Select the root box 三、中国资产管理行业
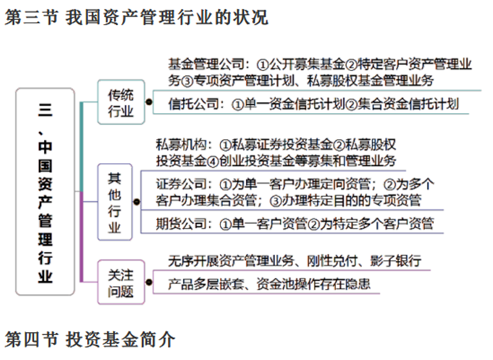pyautogui.click(x=45, y=192)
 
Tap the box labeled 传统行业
pyautogui.click(x=121, y=102)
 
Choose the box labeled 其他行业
pyautogui.click(x=114, y=202)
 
